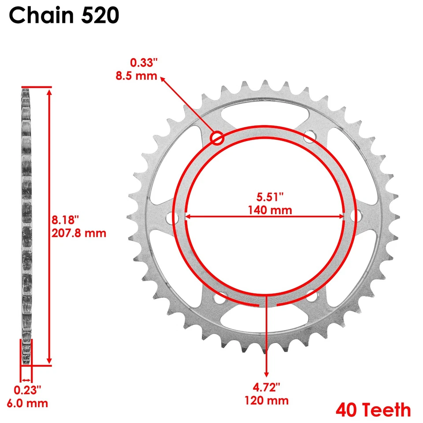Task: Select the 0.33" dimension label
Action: point(143,64)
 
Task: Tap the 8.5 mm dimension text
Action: point(136,75)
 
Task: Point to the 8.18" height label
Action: point(67,219)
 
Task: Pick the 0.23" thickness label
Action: point(27,390)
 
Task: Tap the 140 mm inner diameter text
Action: point(265,210)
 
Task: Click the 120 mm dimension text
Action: point(267,401)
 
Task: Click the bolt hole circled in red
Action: point(217,138)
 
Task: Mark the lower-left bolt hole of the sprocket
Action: point(218,298)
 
